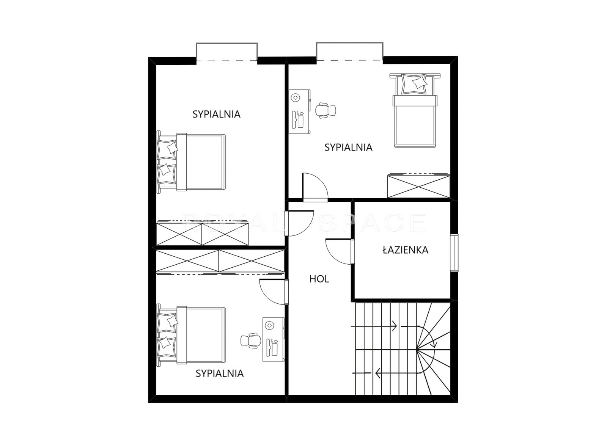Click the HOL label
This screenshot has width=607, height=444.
[x=319, y=279]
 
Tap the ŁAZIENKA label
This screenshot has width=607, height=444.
[x=406, y=250]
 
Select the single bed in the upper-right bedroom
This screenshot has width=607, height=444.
[x=415, y=110]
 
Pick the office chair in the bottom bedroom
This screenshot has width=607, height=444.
[x=251, y=340]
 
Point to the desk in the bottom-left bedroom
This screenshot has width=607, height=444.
[x=273, y=339]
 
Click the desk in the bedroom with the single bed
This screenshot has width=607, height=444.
[x=299, y=111]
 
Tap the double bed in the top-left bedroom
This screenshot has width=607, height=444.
[x=191, y=163]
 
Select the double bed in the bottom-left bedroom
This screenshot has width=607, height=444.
[x=191, y=336]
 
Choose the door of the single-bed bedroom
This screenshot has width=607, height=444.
[x=315, y=187]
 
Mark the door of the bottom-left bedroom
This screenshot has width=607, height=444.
[x=274, y=292]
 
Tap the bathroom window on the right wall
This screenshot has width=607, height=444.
[x=454, y=253]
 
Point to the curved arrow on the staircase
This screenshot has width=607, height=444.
[x=430, y=336]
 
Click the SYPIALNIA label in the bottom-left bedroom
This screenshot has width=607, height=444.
[x=220, y=373]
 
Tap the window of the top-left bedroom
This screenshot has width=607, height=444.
[x=227, y=52]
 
